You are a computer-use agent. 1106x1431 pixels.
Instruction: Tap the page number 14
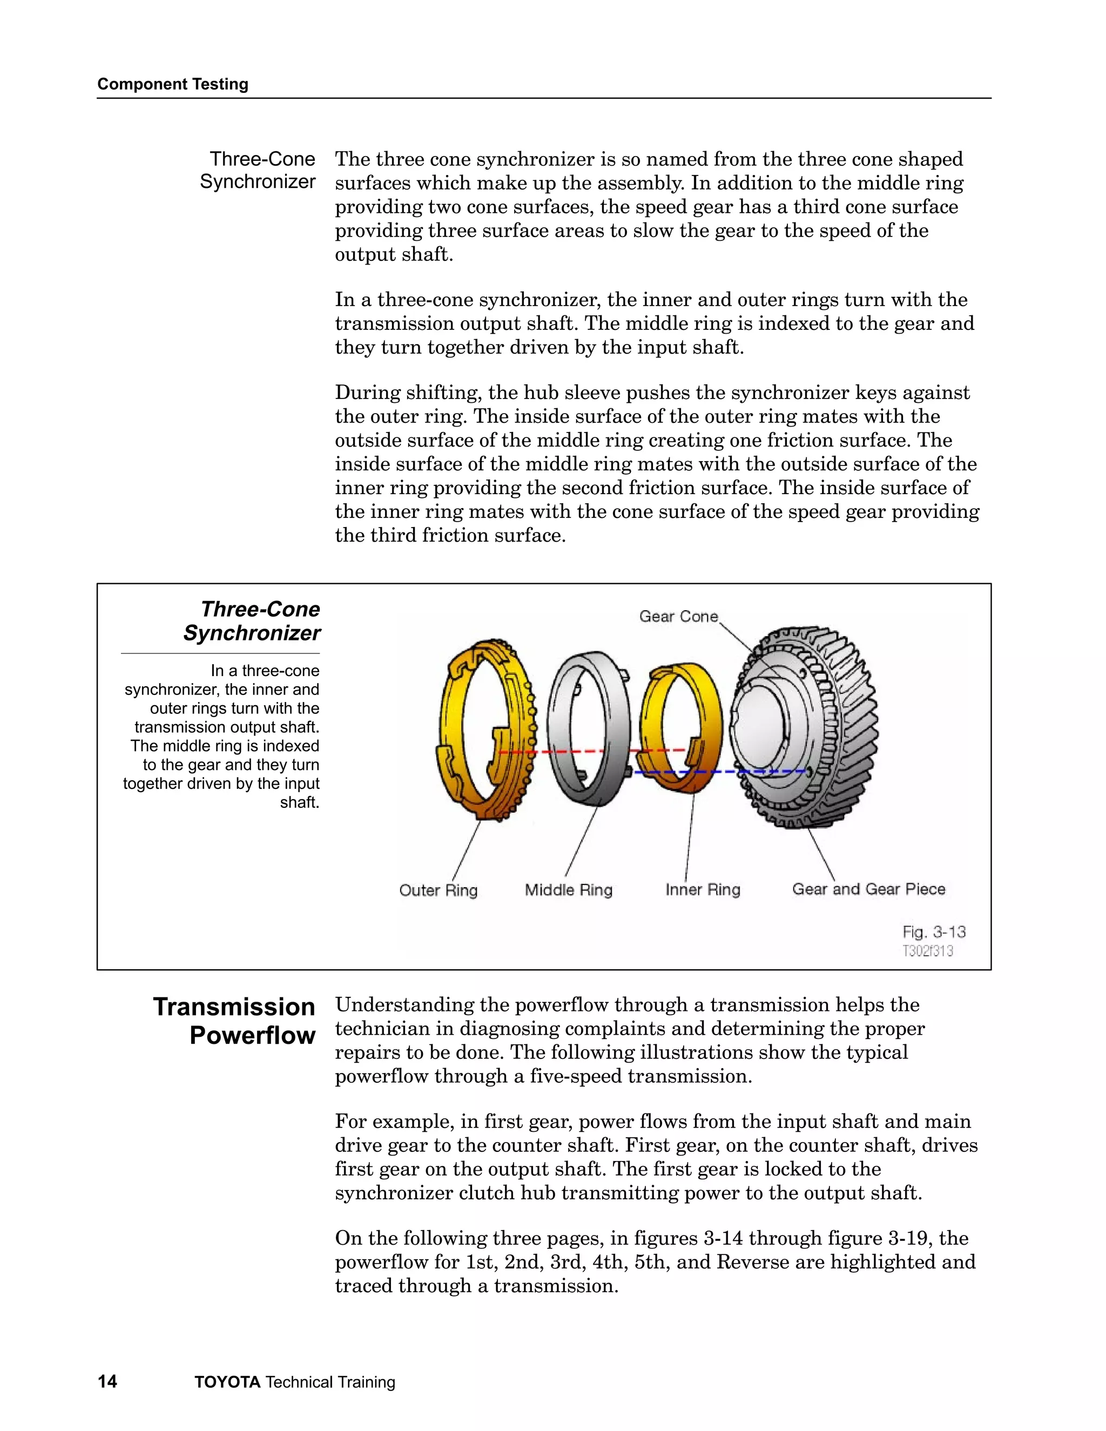coord(107,1382)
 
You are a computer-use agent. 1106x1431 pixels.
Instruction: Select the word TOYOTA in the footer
coord(227,1382)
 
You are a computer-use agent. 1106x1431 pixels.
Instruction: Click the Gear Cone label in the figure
coord(678,617)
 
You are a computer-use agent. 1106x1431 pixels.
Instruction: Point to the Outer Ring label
coord(439,890)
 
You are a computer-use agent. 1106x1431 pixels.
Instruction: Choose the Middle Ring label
coord(568,890)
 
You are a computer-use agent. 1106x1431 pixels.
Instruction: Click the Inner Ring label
coord(703,889)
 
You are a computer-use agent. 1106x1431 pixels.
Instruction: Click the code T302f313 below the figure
coord(927,951)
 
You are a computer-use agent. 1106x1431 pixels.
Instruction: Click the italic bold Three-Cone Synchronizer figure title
coord(252,620)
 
